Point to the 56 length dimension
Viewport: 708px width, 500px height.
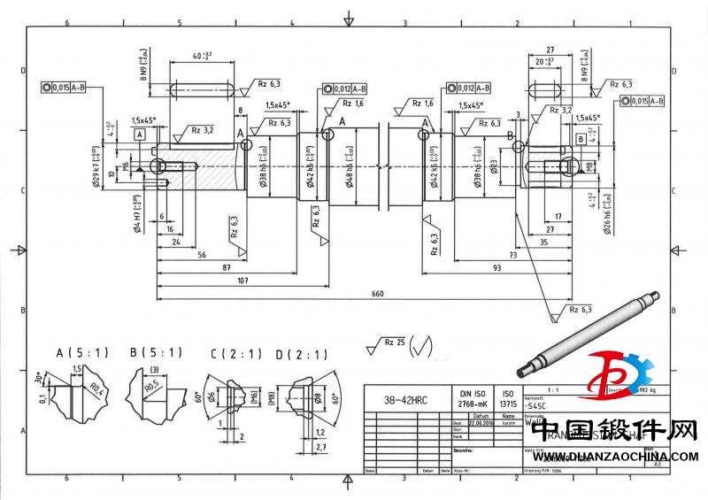click(202, 254)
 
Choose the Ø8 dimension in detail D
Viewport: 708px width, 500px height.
click(317, 396)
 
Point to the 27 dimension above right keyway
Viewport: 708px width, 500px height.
click(550, 50)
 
